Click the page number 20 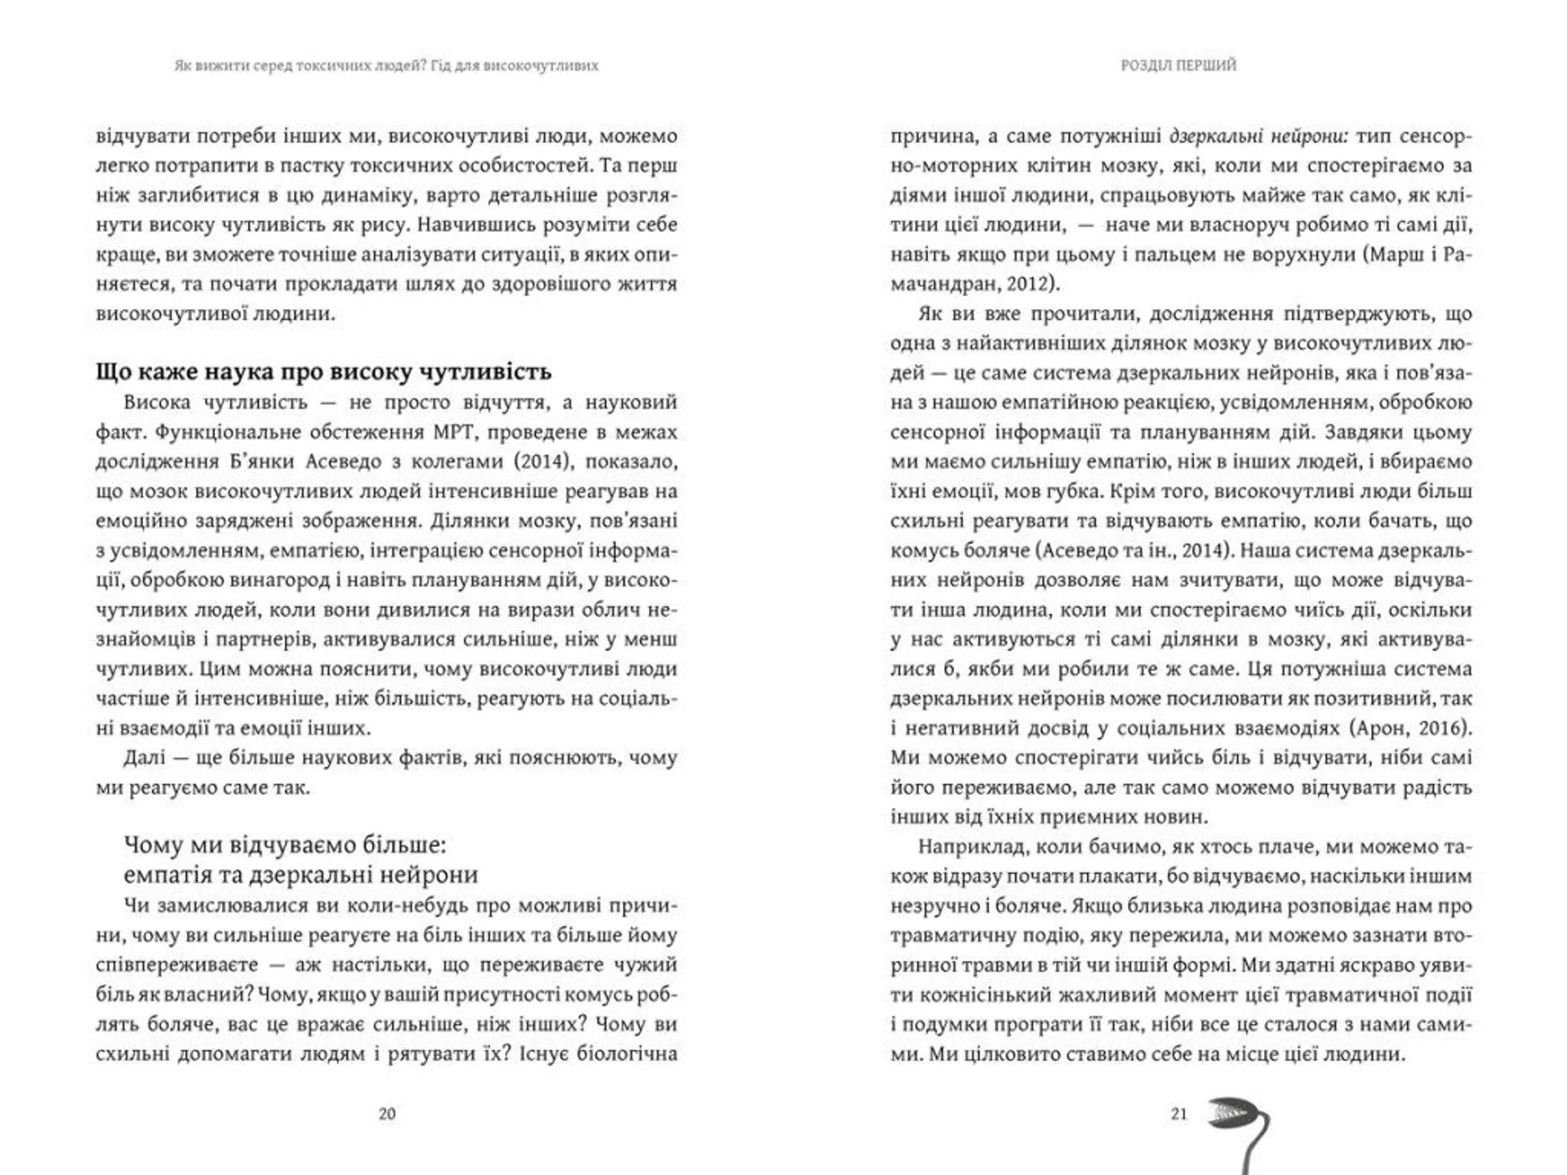387,1114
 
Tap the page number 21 1179,1114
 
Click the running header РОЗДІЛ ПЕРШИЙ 1179,65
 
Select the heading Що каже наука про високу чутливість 323,372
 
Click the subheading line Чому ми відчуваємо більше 285,844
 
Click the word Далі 144,757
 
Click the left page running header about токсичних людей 386,65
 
